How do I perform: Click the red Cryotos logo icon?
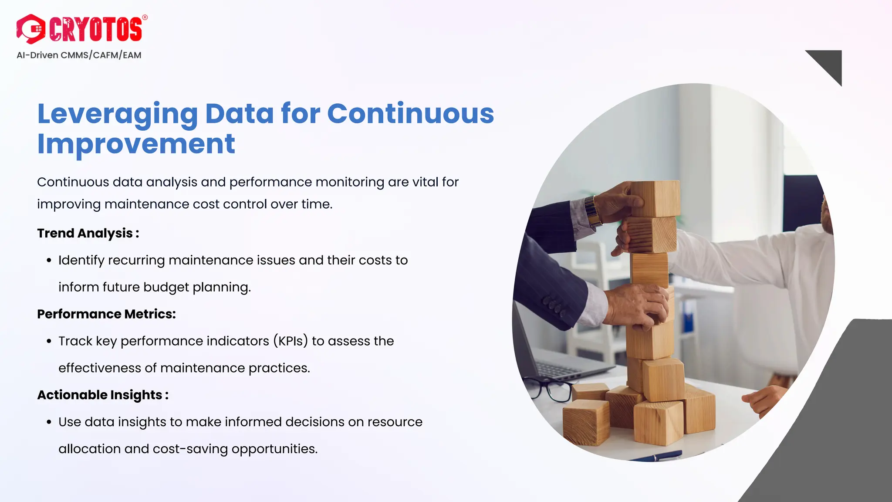pos(30,29)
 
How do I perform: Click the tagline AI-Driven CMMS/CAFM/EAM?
pos(79,55)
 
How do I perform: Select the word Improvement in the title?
pos(136,144)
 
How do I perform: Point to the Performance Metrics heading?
pos(106,314)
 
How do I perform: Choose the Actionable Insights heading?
pos(103,395)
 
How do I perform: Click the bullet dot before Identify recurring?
pos(49,261)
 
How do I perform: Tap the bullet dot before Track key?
pos(49,341)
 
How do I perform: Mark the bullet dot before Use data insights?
pos(49,422)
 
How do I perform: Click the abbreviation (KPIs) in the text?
pos(291,341)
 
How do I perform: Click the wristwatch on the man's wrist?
pos(593,211)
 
